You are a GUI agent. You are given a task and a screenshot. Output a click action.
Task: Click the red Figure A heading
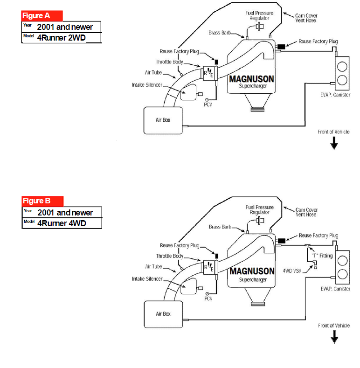42,16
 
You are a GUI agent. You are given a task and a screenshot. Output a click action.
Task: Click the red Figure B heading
42,201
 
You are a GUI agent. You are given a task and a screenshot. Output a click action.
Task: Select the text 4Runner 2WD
61,38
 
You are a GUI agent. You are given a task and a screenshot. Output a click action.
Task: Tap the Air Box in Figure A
163,120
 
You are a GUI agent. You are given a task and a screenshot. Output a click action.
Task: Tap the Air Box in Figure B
163,313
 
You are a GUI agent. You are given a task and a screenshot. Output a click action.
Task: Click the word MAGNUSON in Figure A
251,79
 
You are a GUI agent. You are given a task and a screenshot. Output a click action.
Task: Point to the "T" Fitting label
322,256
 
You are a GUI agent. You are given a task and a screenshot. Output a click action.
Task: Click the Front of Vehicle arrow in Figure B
334,338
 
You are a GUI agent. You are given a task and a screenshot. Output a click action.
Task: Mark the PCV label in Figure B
208,299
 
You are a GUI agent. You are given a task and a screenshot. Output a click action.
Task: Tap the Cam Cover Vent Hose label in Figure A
306,18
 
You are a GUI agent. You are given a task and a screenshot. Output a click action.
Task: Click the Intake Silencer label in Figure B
147,278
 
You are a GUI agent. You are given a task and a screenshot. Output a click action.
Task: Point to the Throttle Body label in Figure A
169,62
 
